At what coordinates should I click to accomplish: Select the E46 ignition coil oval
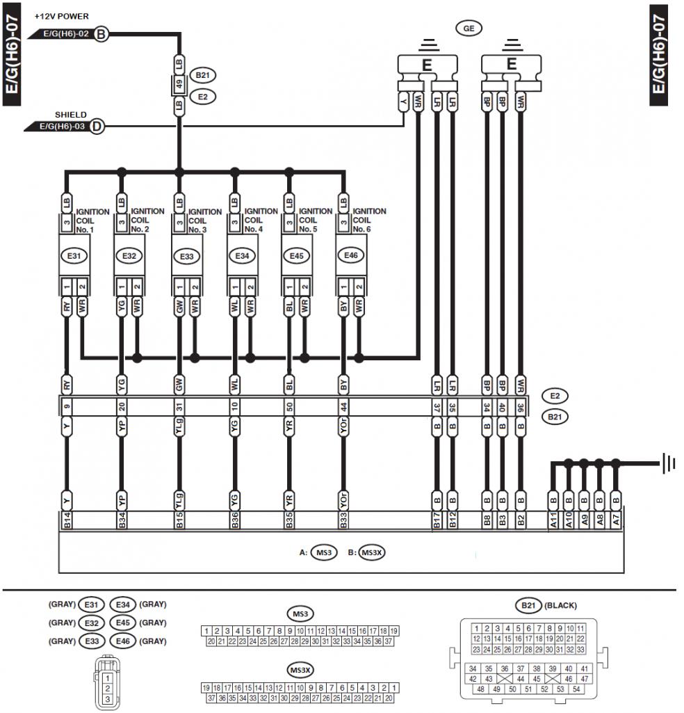pos(350,256)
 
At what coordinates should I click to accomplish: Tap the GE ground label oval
pos(469,29)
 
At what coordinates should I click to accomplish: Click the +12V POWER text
pos(62,16)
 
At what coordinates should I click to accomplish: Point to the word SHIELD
pos(71,115)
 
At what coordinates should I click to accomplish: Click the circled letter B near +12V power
pos(101,33)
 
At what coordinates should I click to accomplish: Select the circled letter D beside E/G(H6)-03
pos(97,127)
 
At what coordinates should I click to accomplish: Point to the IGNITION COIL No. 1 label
pos(92,220)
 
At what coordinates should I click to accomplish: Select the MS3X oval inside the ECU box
pos(373,553)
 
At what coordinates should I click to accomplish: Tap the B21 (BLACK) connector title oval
pos(526,605)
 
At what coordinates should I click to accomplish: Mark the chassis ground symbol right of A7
pos(668,462)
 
